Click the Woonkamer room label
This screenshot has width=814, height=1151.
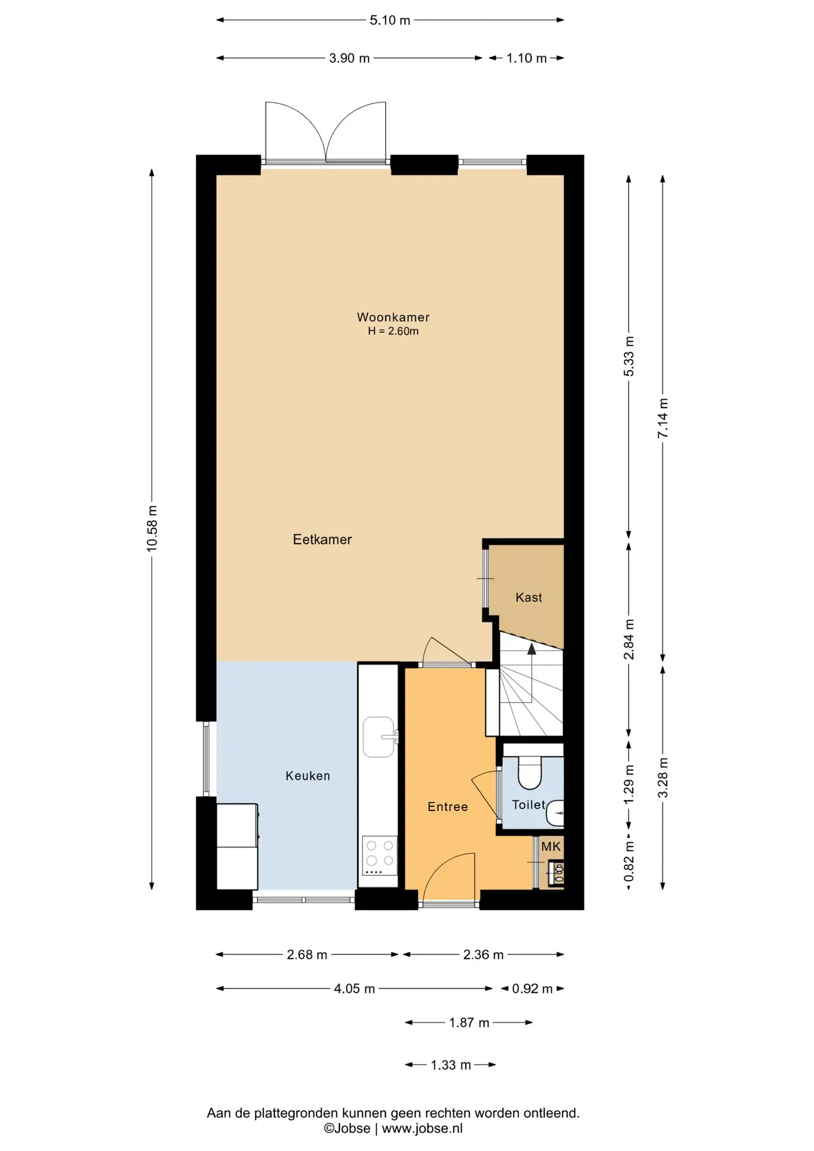(393, 317)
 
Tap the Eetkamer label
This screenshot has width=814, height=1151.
(322, 540)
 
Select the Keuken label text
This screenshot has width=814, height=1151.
(308, 776)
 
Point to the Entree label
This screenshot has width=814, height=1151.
(448, 807)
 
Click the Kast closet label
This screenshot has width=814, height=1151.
(529, 597)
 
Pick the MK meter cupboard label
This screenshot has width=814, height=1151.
(551, 846)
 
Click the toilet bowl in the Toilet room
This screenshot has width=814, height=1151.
(529, 772)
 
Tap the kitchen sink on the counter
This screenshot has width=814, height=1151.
(379, 737)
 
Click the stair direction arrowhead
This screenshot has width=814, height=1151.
(532, 647)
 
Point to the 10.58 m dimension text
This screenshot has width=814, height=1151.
(152, 528)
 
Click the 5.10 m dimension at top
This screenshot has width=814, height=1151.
(390, 20)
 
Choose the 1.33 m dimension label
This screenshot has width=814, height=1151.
(451, 1065)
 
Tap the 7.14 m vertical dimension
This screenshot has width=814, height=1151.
(663, 418)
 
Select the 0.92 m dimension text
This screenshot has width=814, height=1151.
(532, 989)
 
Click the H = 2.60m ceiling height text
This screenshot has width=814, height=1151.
(393, 331)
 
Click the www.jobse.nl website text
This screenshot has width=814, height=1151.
(422, 1128)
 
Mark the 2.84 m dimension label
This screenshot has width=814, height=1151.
(629, 639)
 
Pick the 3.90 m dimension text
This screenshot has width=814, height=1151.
(349, 58)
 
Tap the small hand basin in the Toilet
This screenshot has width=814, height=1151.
(556, 813)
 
